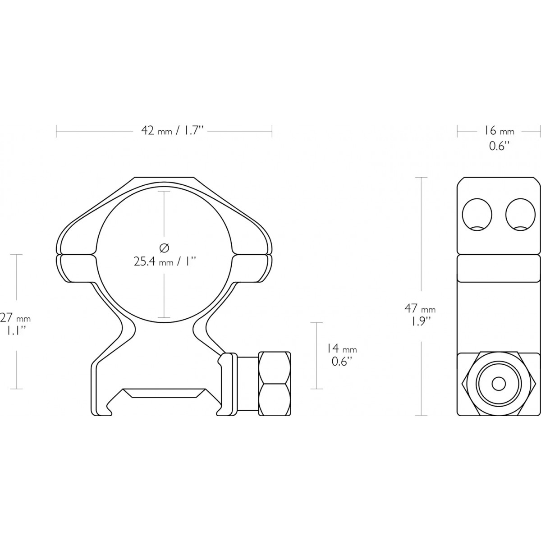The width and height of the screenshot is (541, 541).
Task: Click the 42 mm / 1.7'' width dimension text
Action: click(x=171, y=131)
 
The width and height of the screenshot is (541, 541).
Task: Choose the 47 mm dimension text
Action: click(x=420, y=308)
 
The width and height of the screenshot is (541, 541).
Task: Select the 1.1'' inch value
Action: click(x=16, y=331)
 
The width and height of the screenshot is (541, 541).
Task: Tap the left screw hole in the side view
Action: click(x=477, y=215)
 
